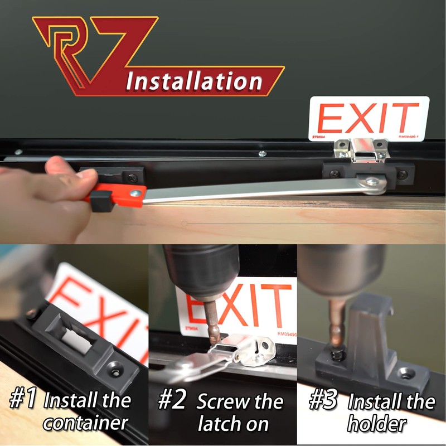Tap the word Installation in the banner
point(194,81)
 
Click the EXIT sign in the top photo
point(369,119)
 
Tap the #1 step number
point(23,400)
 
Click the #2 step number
point(172,400)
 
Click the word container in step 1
point(86,423)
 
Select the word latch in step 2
point(218,424)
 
